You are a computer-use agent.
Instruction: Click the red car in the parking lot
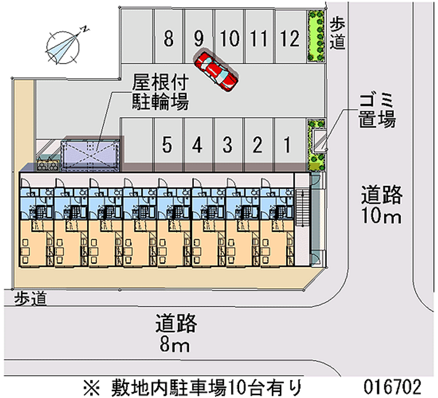216,71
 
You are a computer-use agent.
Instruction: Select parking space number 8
169,36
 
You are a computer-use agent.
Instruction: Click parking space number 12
290,36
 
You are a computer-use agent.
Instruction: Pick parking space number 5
168,145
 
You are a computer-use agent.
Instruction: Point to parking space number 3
228,145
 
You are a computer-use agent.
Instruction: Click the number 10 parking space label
229,38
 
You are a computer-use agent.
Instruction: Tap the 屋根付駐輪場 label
160,92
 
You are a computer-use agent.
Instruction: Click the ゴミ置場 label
377,111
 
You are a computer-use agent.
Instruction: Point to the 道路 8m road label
176,333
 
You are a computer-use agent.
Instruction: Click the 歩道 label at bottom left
30,298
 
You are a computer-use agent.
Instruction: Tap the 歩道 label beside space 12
337,34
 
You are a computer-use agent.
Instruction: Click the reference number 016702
392,387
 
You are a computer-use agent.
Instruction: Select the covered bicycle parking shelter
91,154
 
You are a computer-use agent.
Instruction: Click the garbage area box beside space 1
319,141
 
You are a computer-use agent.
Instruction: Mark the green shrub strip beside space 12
316,36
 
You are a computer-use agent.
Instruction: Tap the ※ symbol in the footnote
91,387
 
